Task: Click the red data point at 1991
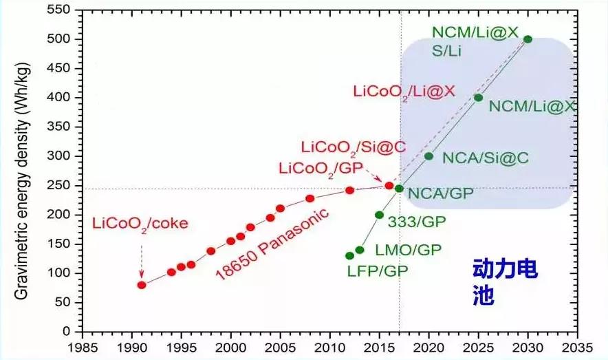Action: tap(142, 285)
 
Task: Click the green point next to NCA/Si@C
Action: tap(429, 156)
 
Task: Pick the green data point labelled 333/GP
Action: tap(379, 215)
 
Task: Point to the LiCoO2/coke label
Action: tap(140, 224)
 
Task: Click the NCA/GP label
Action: tap(440, 193)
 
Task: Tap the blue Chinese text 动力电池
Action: tap(504, 282)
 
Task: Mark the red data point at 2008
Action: tap(310, 198)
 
